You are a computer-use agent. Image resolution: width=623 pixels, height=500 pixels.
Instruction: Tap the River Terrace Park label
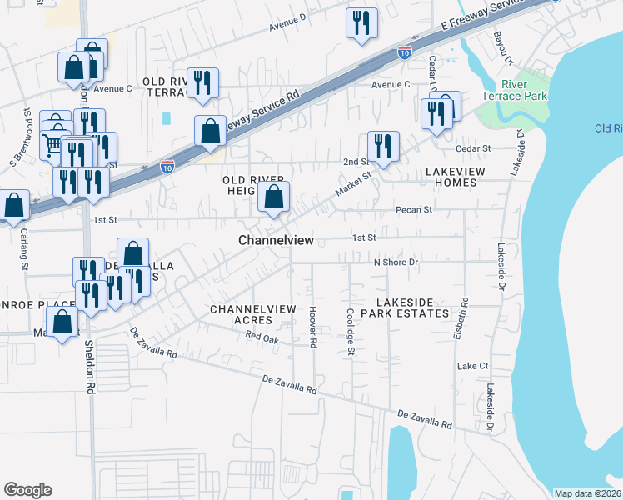tap(525, 90)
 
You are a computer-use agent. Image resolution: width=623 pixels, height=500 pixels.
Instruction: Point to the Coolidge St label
tap(351, 333)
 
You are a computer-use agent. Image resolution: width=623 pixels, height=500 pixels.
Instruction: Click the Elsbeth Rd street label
tap(465, 312)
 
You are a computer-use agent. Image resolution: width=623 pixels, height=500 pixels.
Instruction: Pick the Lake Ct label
tap(471, 366)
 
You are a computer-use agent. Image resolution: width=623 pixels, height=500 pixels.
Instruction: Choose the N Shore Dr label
tap(395, 262)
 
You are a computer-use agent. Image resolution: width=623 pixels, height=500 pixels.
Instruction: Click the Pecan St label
tap(414, 210)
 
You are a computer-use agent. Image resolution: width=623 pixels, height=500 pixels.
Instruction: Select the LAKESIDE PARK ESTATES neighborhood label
tap(411, 307)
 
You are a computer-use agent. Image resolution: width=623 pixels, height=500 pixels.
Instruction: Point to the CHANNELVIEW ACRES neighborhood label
tap(252, 314)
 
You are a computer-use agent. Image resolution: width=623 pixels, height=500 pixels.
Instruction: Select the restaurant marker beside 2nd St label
tap(383, 146)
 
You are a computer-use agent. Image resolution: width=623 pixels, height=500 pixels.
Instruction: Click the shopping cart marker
tap(53, 146)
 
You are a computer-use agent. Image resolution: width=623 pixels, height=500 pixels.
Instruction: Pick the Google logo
tap(27, 490)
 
